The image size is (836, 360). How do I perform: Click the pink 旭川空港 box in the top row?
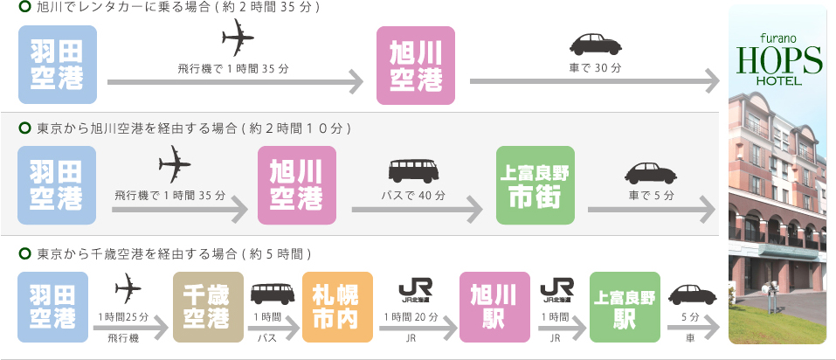click(x=415, y=66)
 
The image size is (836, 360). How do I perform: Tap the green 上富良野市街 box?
click(x=535, y=185)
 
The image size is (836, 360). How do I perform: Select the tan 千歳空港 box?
click(x=208, y=306)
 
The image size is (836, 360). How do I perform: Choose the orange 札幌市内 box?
click(x=336, y=306)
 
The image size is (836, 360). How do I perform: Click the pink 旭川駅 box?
click(x=494, y=306)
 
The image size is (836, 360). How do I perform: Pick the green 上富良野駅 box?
click(x=625, y=306)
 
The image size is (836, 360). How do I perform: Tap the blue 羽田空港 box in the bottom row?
click(x=52, y=306)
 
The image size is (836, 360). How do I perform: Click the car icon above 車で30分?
click(x=595, y=44)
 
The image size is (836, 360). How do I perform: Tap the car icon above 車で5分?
click(x=651, y=170)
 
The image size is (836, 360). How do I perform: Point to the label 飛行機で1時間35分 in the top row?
click(x=232, y=69)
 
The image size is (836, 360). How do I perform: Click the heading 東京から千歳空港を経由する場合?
click(x=175, y=254)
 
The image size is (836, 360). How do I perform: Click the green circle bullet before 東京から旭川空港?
click(x=24, y=128)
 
